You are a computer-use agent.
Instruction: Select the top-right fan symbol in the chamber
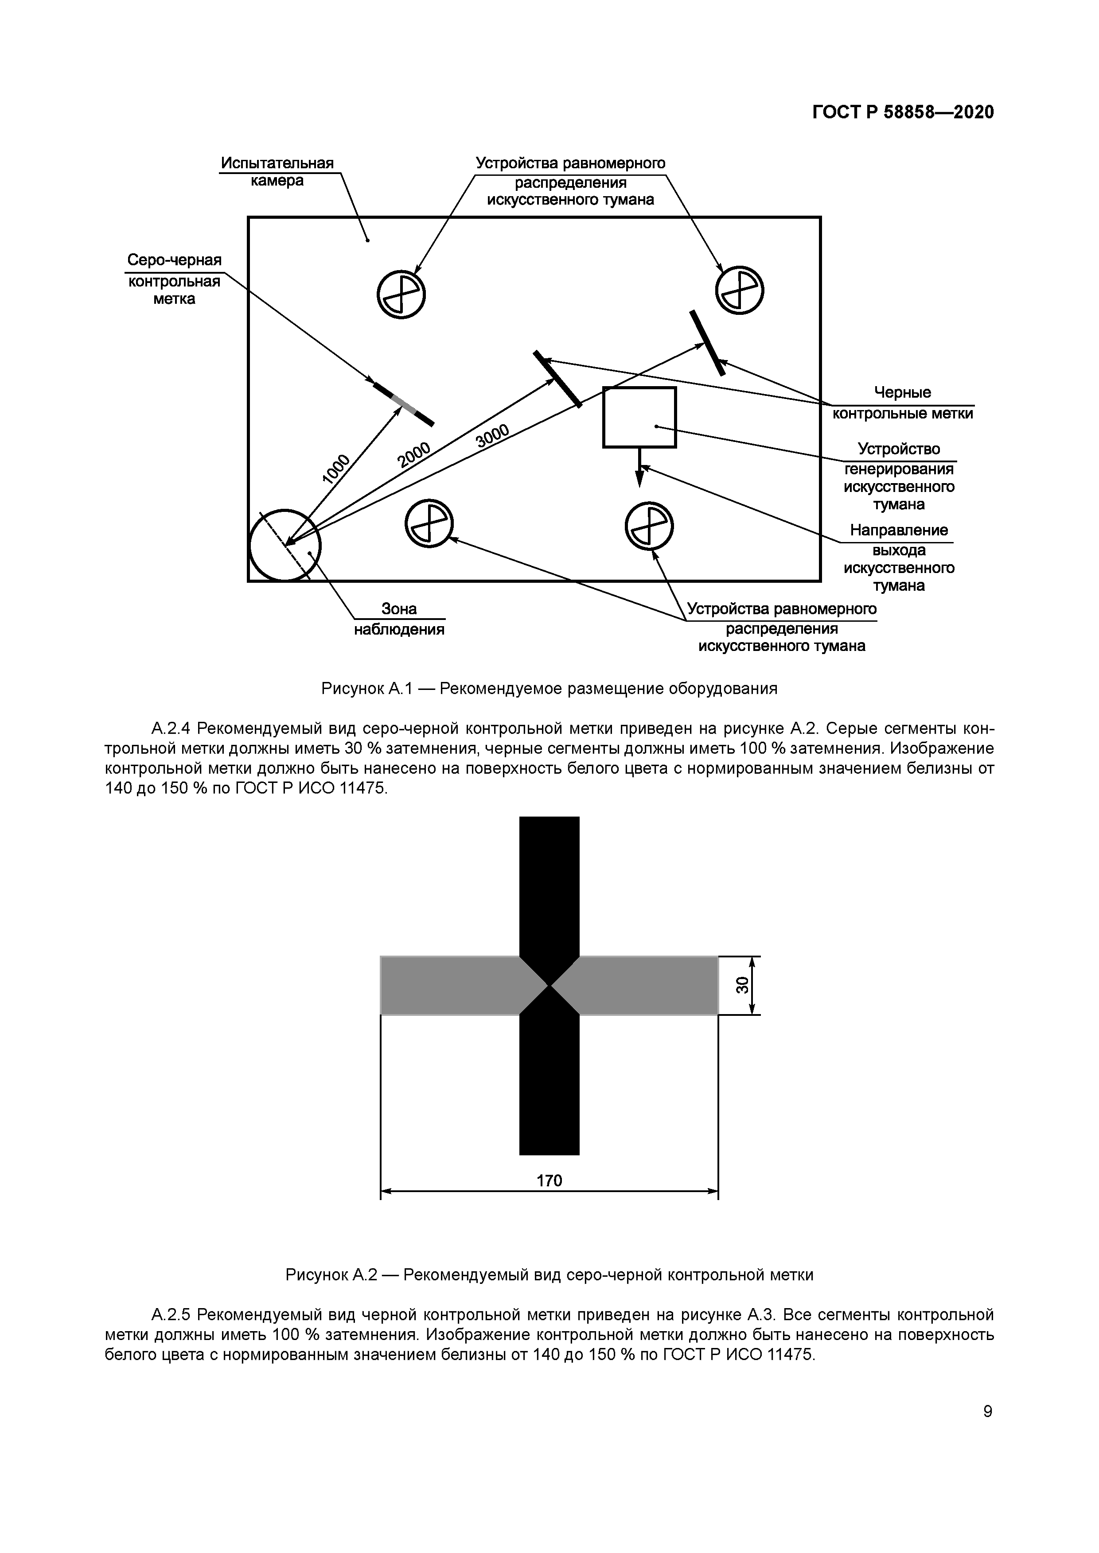coord(740,290)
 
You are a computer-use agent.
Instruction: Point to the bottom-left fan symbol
coord(429,523)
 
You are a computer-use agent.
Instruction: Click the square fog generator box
coord(639,417)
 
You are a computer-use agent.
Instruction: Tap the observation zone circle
coord(285,545)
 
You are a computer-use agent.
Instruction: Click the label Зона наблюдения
coord(399,620)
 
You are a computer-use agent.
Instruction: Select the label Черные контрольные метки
coord(902,403)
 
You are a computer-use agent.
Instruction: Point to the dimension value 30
coord(742,985)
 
